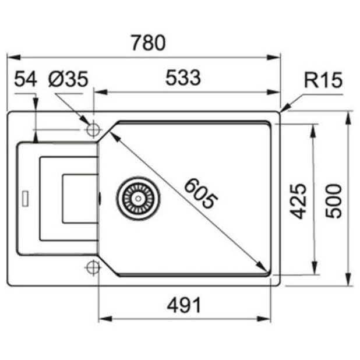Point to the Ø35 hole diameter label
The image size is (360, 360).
point(68,79)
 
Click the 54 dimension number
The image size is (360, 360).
point(26,79)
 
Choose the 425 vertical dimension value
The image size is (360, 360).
point(298,200)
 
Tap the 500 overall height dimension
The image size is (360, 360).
point(333,200)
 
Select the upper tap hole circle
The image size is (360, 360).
point(92,129)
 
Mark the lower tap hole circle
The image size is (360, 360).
point(92,267)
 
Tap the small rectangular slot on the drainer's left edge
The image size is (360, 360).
point(26,197)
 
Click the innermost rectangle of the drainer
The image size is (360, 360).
point(79,198)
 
